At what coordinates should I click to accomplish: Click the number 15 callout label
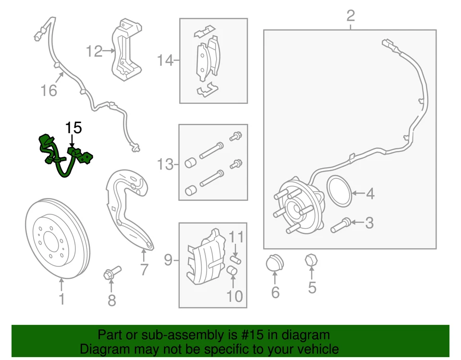coord(74,128)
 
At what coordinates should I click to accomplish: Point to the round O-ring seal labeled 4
coord(339,191)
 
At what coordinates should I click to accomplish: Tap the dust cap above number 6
coord(275,263)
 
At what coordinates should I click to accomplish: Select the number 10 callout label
coord(235,296)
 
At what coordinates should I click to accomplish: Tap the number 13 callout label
coord(165,165)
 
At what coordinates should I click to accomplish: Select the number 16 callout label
coord(49,90)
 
